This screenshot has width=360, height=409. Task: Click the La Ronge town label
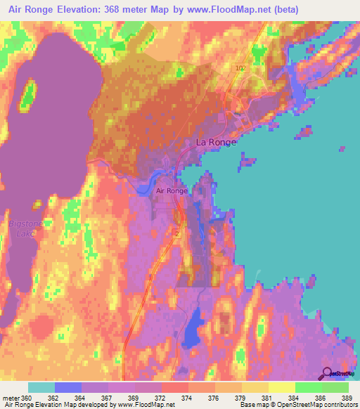tap(216, 142)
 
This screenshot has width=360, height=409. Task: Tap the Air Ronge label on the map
tap(171, 190)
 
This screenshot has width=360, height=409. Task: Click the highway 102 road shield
tap(241, 68)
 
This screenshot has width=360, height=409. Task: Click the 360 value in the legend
tap(27, 398)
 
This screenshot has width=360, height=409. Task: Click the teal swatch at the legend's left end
tap(41, 387)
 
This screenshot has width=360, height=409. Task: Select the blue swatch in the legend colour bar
tap(67, 387)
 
